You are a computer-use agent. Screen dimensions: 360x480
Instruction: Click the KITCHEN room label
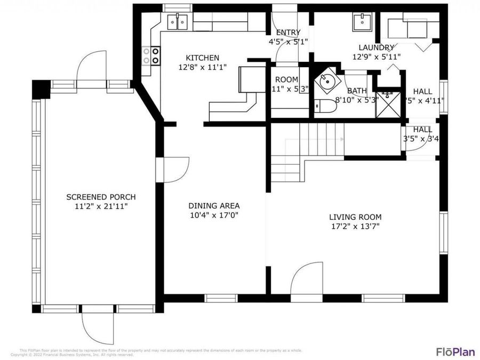(x=202, y=58)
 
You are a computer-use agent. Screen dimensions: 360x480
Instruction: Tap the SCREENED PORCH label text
(x=101, y=196)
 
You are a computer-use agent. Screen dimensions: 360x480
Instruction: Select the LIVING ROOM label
(x=355, y=217)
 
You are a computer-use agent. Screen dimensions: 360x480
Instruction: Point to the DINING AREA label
(x=214, y=205)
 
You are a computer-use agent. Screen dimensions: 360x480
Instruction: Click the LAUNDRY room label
(x=377, y=47)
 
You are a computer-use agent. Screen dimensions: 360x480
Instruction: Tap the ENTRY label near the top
(x=288, y=32)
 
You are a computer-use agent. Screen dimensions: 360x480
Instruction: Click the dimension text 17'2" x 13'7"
(x=355, y=226)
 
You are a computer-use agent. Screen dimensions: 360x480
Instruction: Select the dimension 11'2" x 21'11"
(x=101, y=205)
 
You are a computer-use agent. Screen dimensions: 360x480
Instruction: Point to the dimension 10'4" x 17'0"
(x=214, y=215)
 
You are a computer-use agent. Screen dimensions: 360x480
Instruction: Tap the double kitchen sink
(x=178, y=22)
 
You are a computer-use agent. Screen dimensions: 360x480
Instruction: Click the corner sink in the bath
(x=325, y=83)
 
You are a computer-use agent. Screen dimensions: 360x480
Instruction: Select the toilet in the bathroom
(x=325, y=107)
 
